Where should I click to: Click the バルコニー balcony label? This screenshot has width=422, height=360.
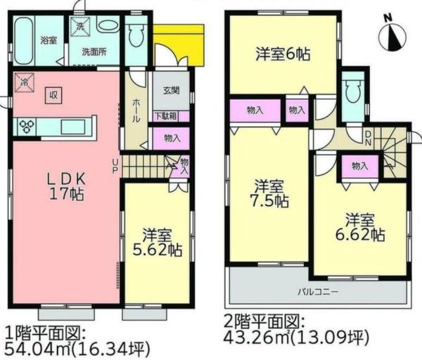click(319, 290)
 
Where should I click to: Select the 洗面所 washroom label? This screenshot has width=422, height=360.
click(93, 52)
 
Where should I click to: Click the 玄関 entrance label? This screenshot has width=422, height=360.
click(171, 90)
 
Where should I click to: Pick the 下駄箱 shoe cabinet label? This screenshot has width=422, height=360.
click(166, 116)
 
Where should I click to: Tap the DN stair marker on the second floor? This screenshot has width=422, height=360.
click(369, 139)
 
